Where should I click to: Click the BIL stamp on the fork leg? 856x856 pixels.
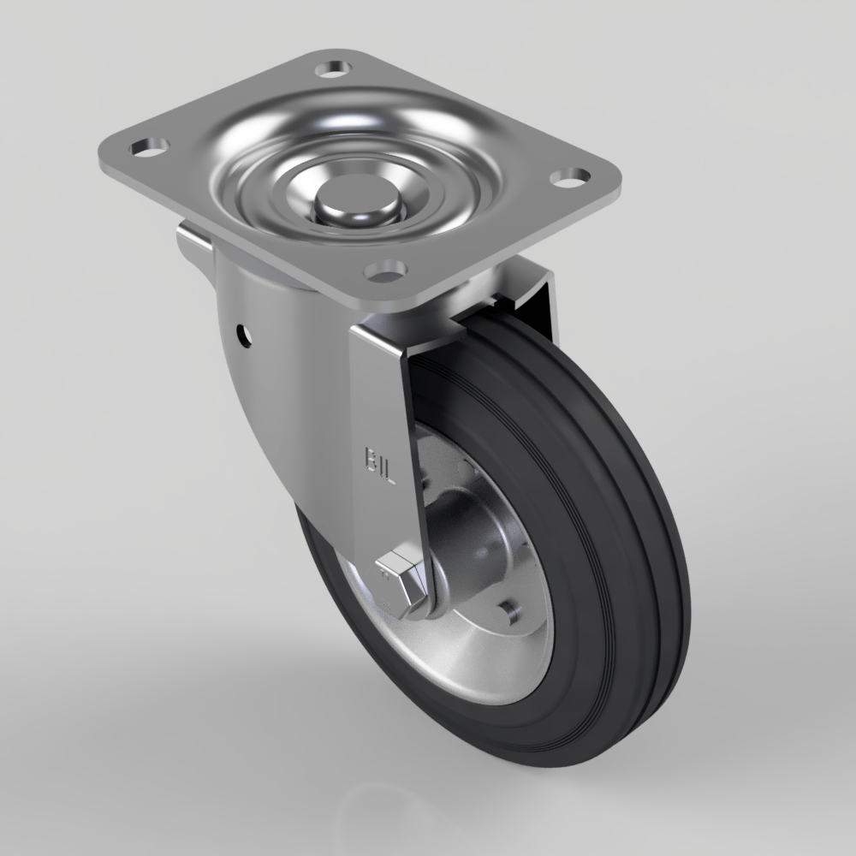[380, 462]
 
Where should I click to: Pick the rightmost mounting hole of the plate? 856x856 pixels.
[569, 178]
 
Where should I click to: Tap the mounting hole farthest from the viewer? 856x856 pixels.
[334, 67]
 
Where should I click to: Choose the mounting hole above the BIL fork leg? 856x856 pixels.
[384, 273]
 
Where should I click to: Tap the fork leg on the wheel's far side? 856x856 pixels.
[539, 300]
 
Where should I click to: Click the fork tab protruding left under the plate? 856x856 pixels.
[193, 244]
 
